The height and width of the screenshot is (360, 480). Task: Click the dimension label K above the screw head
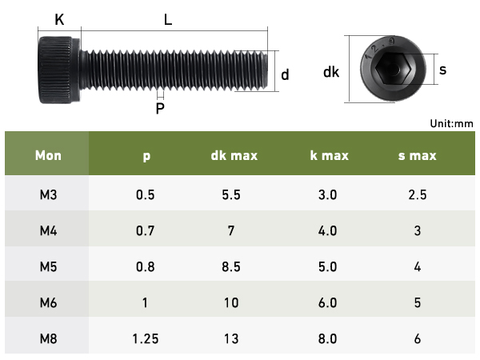(x=59, y=20)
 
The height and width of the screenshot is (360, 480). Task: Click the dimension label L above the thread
(x=168, y=20)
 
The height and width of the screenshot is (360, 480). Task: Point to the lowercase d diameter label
(x=285, y=74)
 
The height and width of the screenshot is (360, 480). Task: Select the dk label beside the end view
(x=331, y=72)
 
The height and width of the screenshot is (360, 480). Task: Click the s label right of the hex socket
(x=442, y=70)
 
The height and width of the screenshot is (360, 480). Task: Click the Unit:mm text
(x=452, y=123)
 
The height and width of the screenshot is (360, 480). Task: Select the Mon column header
(x=48, y=155)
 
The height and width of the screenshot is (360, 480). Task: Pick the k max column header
(x=329, y=155)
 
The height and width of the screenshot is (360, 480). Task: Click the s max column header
(x=417, y=155)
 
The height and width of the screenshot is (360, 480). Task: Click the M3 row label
(x=48, y=194)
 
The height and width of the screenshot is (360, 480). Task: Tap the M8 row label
(x=48, y=338)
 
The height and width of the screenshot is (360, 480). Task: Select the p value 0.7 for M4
(x=146, y=230)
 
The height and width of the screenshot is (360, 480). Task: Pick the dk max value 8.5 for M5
(x=231, y=266)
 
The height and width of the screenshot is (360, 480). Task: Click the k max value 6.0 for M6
(x=328, y=302)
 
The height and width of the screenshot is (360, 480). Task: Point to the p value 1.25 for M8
(x=146, y=338)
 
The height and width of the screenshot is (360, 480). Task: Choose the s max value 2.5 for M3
(x=417, y=194)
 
